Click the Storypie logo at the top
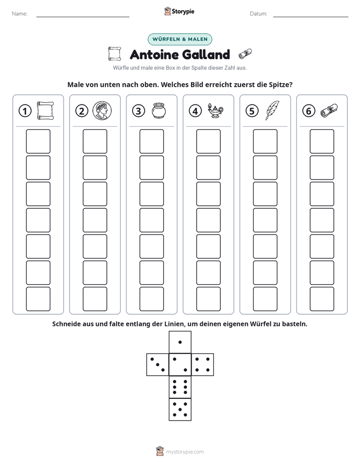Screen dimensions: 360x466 (x=179, y=12)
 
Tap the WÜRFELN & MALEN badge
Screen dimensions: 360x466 (x=180, y=39)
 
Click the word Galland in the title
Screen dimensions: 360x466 (x=205, y=54)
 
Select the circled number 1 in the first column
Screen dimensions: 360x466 (x=25, y=111)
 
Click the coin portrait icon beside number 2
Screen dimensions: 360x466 (x=102, y=110)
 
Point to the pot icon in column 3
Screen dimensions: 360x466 (x=159, y=111)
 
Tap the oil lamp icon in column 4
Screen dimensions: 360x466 (x=215, y=111)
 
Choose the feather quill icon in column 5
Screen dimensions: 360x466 (x=272, y=110)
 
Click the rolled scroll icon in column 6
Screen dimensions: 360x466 (x=329, y=111)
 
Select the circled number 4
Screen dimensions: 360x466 (x=195, y=111)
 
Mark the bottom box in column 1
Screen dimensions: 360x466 (x=38, y=299)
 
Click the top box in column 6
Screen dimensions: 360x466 (x=322, y=141)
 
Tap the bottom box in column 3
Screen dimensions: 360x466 (x=151, y=299)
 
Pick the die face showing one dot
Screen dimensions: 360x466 (x=180, y=342)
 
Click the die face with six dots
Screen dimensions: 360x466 (x=180, y=387)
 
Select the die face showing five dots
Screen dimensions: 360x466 (x=180, y=410)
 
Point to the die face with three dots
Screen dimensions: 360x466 (x=158, y=365)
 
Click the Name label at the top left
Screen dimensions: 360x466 (x=20, y=14)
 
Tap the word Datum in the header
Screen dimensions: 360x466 (x=259, y=14)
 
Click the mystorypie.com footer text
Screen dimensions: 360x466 (x=185, y=452)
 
